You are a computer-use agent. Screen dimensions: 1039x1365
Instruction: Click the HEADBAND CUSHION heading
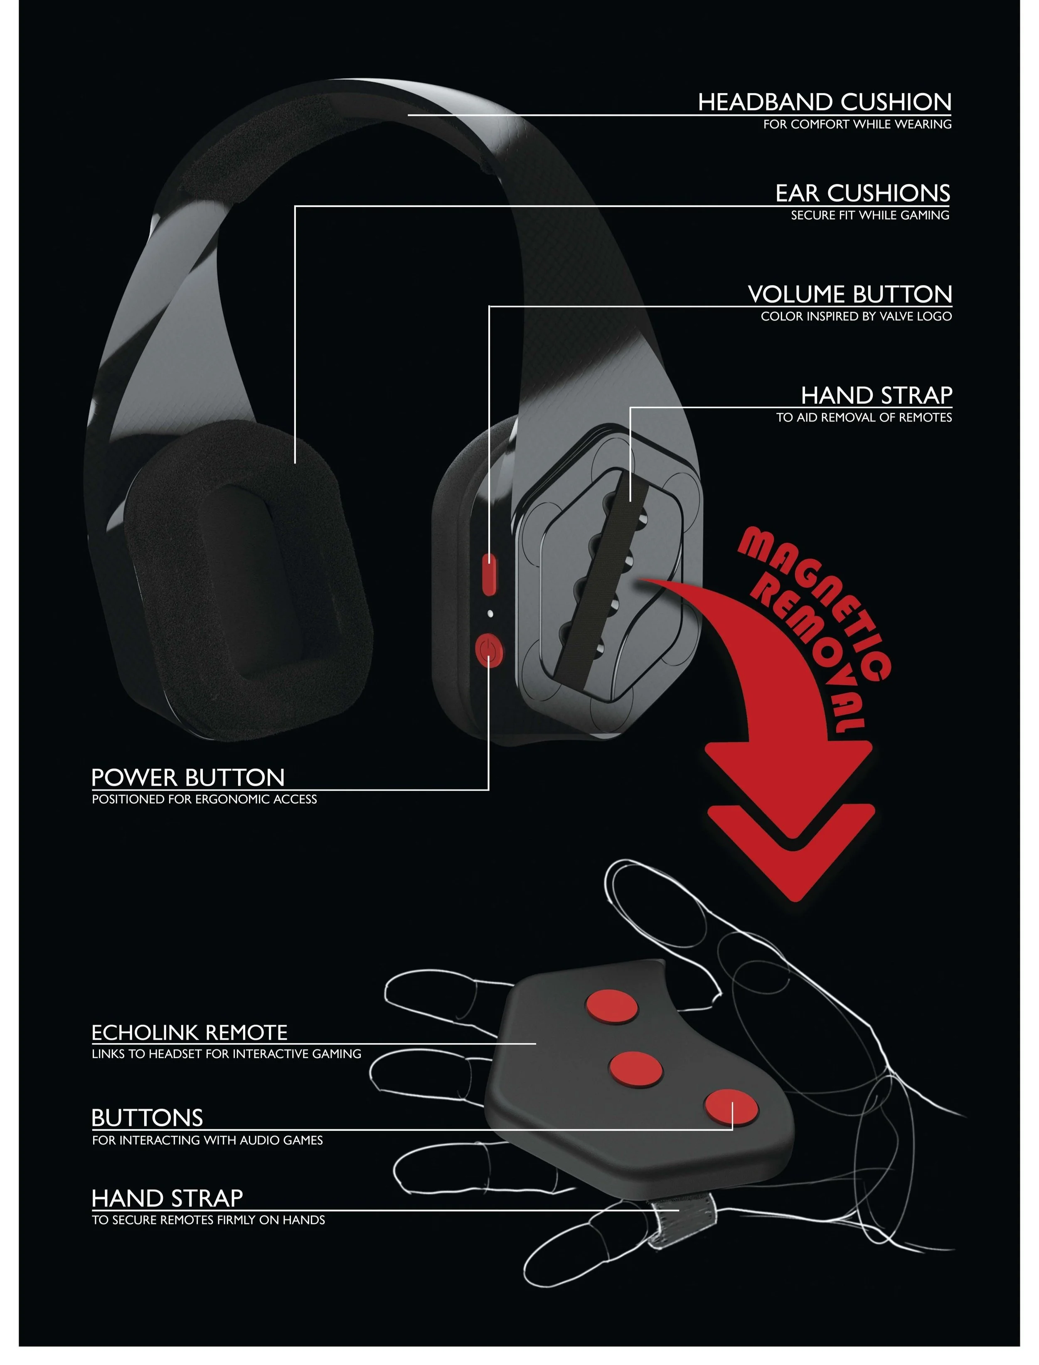(825, 102)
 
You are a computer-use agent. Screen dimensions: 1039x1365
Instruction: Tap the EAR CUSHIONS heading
(863, 193)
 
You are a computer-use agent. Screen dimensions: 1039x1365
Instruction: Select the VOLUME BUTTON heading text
(850, 294)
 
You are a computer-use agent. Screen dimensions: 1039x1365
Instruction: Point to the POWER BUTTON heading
(188, 777)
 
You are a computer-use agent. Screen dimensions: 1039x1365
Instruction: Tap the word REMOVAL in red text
(810, 656)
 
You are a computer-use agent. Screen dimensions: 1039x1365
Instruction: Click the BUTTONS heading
(147, 1118)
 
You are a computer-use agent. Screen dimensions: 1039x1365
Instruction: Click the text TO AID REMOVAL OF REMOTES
(864, 418)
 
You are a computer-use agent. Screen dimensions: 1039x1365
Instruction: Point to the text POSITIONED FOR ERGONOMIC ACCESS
(204, 800)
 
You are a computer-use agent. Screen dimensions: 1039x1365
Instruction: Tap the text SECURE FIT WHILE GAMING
(869, 215)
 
